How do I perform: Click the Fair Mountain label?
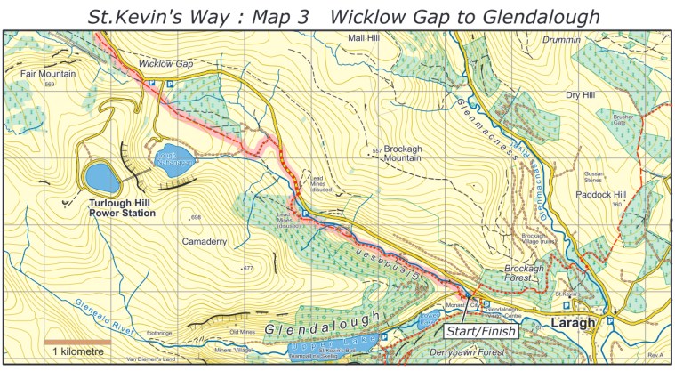pos(41,73)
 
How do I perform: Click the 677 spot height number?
pos(248,268)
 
